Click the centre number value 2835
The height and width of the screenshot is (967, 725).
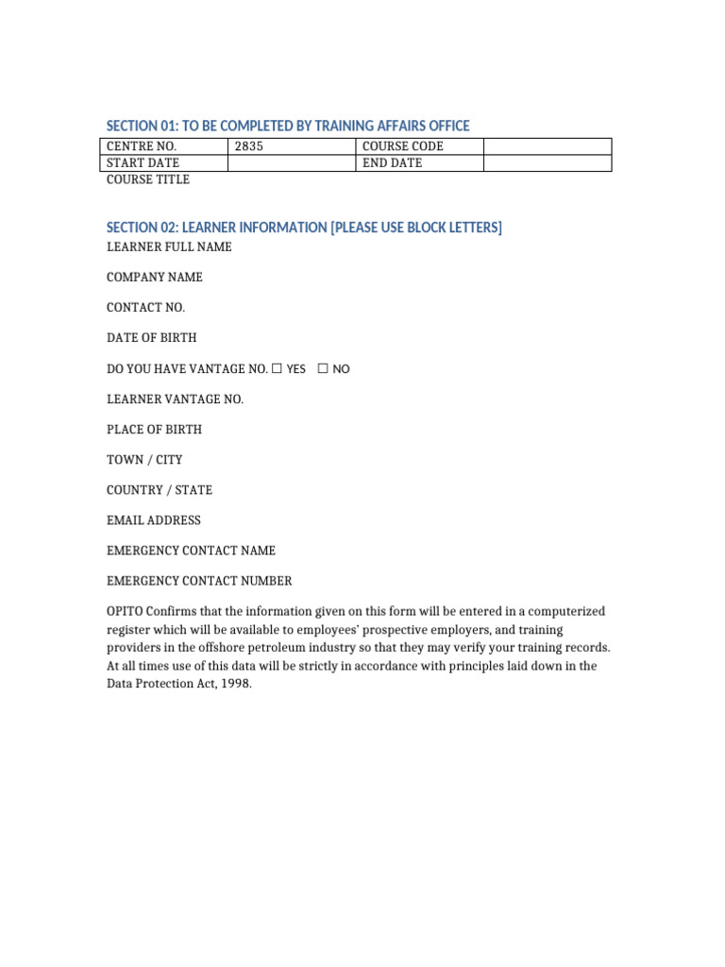pyautogui.click(x=249, y=146)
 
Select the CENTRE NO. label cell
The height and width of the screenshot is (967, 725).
pyautogui.click(x=142, y=146)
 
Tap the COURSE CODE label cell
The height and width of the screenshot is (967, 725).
pyautogui.click(x=403, y=146)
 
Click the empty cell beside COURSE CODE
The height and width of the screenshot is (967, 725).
pyautogui.click(x=547, y=146)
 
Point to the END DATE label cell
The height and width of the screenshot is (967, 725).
pyautogui.click(x=393, y=163)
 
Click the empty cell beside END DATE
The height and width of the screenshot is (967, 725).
pyautogui.click(x=547, y=163)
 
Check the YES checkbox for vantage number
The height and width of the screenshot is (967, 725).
pyautogui.click(x=277, y=368)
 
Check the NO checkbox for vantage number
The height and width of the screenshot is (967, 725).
pyautogui.click(x=323, y=368)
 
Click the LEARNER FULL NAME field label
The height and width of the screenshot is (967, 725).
pyautogui.click(x=169, y=247)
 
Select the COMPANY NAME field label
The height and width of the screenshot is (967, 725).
pyautogui.click(x=155, y=278)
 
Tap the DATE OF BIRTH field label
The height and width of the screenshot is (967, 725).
pyautogui.click(x=152, y=338)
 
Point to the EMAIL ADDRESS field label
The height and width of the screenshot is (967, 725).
pyautogui.click(x=154, y=520)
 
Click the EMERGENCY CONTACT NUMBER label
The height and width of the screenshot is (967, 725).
pyautogui.click(x=199, y=581)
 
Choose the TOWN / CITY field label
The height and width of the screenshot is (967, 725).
pyautogui.click(x=144, y=460)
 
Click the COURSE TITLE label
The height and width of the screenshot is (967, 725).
pyautogui.click(x=148, y=179)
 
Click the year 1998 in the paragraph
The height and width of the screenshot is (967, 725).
pyautogui.click(x=236, y=685)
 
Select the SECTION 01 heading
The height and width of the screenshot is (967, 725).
pyautogui.click(x=288, y=126)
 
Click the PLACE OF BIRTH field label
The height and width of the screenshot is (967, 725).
pyautogui.click(x=154, y=430)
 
